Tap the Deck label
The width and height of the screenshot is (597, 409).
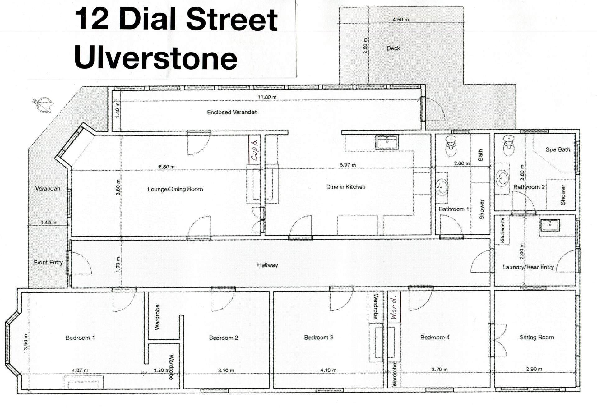click(393, 48)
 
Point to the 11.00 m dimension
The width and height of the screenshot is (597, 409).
click(267, 97)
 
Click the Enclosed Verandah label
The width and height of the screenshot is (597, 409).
click(232, 112)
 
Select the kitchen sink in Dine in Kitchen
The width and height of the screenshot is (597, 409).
click(387, 142)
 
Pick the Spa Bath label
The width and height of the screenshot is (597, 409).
click(558, 149)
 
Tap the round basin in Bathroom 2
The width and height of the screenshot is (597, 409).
click(502, 178)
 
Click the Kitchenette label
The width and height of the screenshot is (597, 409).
click(502, 230)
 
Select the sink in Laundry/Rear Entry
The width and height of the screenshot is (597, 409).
click(550, 225)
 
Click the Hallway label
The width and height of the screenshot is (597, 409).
click(267, 265)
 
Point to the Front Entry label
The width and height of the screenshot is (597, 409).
click(48, 262)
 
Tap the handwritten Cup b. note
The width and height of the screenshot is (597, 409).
click(254, 150)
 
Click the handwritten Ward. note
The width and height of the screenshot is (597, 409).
click(394, 307)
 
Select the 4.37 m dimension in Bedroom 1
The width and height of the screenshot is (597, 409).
click(80, 370)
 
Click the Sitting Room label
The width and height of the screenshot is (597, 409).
click(537, 337)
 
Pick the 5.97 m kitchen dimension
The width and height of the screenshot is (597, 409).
click(348, 165)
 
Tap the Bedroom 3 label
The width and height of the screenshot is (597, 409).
click(319, 337)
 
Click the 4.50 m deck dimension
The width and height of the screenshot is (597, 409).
click(401, 20)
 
